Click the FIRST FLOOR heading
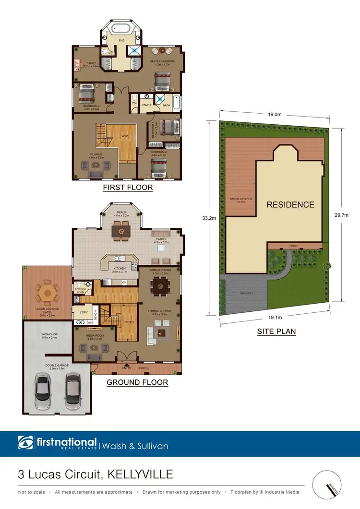[x=128, y=188]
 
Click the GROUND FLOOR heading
[x=137, y=382]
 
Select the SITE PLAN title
[x=276, y=331]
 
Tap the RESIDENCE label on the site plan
[x=290, y=204]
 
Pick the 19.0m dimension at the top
[x=274, y=115]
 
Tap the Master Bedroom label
[x=162, y=62]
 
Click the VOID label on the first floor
[x=125, y=137]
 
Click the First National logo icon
[x=24, y=443]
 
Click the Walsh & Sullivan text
[x=136, y=446]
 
